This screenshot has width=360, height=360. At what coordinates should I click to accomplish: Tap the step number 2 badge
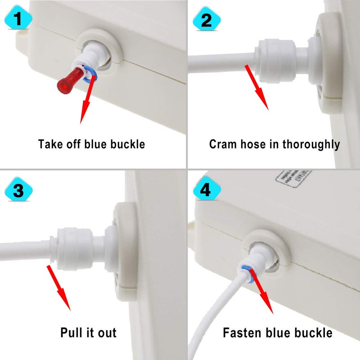pos(206,19)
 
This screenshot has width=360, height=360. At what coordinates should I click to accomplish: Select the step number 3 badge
pos(18,190)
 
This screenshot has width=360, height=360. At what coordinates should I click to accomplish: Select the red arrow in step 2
pos(257,87)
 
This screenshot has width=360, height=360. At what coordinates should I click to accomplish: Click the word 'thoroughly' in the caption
pos(314,144)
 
